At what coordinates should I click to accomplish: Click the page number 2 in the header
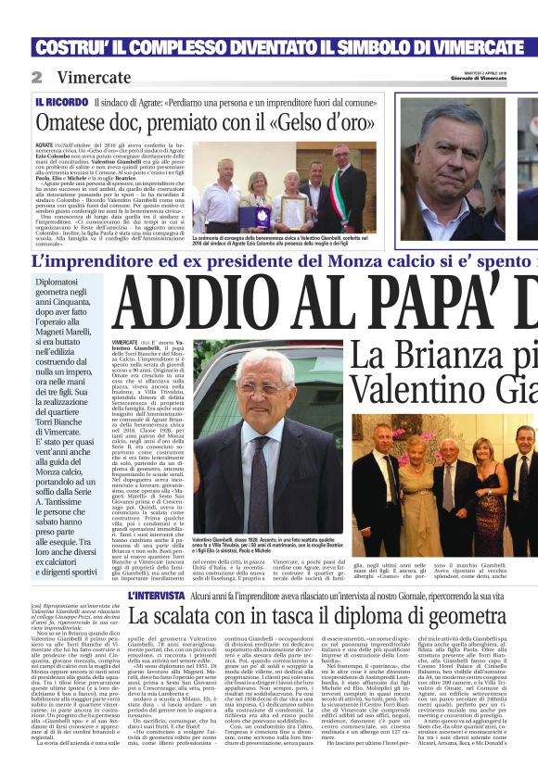[x=36, y=77]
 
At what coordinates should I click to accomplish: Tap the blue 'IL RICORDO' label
[x=61, y=100]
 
